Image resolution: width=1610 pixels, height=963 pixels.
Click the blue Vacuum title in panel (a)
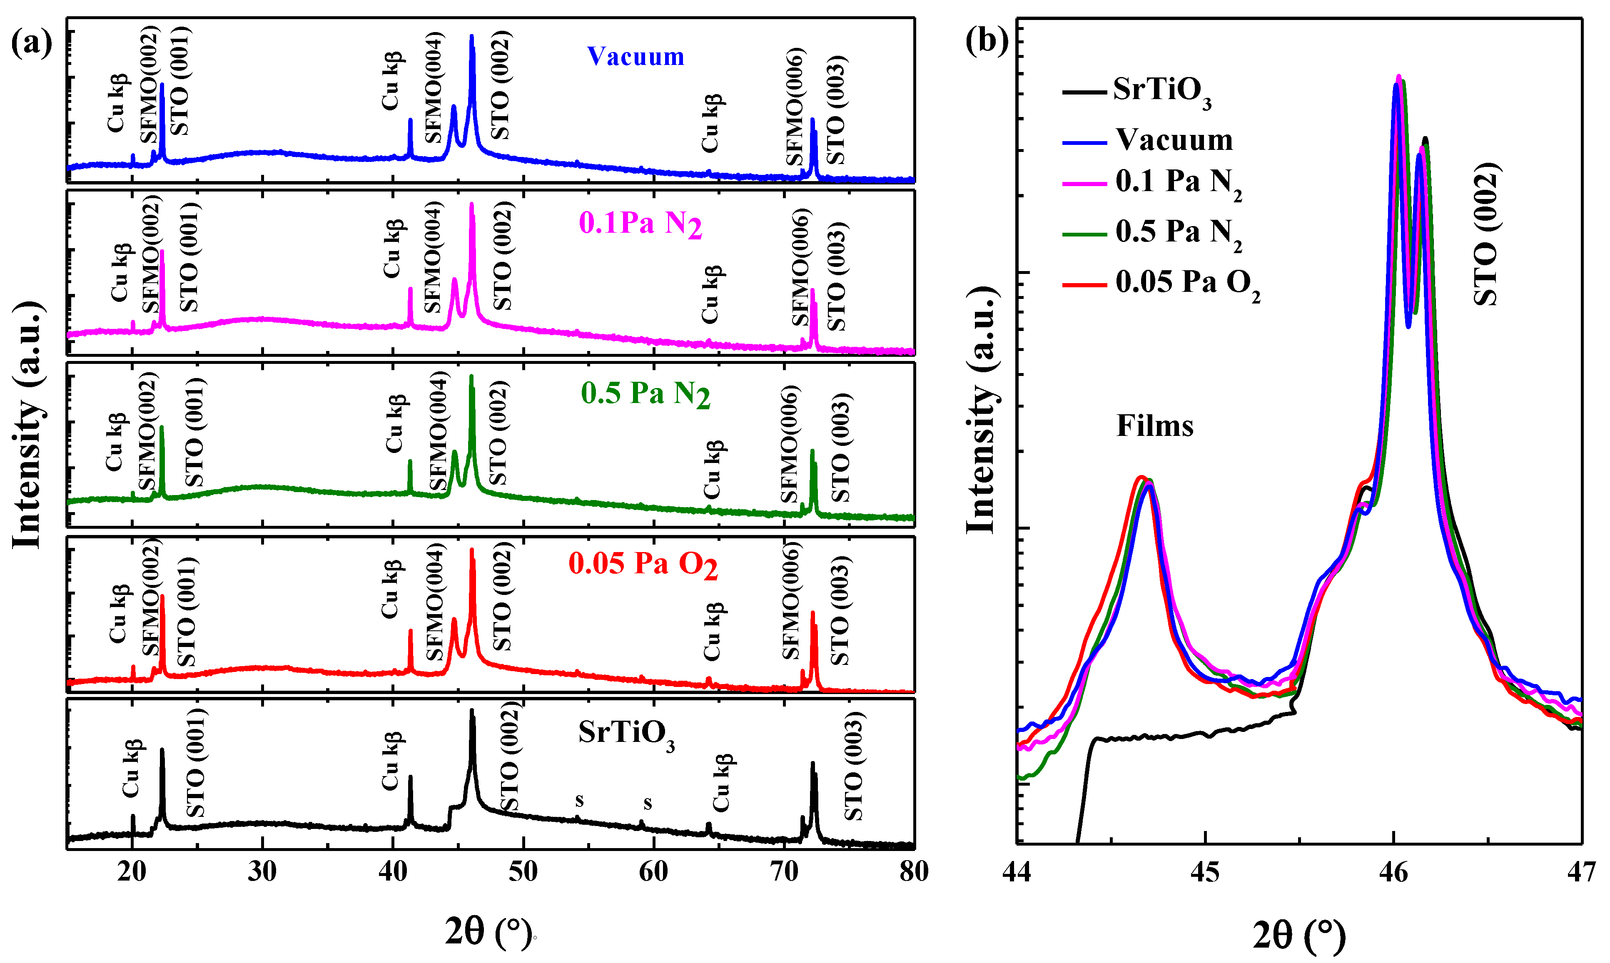point(636,57)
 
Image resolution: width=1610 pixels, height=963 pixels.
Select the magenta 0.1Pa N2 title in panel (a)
point(640,224)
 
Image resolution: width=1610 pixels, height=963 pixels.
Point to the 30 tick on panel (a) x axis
point(262,871)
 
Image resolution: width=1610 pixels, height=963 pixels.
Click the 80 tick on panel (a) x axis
point(914,871)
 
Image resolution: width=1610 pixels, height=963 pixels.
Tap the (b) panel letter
point(987,40)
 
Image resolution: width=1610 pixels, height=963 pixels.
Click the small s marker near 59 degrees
point(647,804)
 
